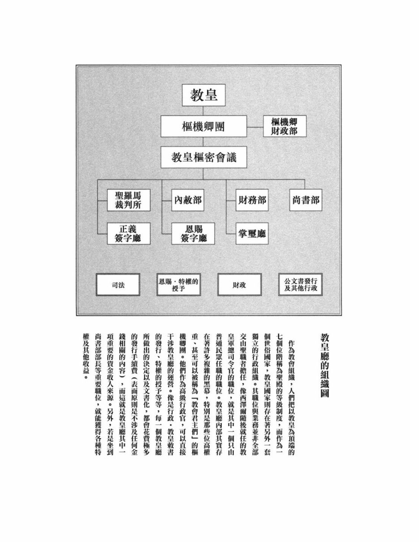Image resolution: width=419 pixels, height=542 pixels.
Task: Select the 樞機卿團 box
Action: click(x=204, y=126)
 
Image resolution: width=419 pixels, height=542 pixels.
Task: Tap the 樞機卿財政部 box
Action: click(x=285, y=126)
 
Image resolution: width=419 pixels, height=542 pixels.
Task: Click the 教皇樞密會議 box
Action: click(x=204, y=157)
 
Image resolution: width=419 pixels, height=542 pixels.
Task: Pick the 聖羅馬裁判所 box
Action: click(x=129, y=200)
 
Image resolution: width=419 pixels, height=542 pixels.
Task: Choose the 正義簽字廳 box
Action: click(x=129, y=233)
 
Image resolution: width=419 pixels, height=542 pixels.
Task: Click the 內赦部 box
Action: click(x=187, y=200)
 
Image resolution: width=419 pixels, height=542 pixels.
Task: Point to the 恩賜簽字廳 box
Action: click(x=193, y=233)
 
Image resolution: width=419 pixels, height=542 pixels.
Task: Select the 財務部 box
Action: click(x=252, y=200)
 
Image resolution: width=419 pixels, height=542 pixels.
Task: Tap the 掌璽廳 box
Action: click(x=252, y=233)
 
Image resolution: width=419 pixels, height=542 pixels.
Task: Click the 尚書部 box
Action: click(x=306, y=200)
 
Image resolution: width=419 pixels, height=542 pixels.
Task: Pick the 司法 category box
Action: click(x=118, y=285)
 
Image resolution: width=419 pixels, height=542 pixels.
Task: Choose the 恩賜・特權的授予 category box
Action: click(x=178, y=285)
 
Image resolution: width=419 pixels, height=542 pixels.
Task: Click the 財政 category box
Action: click(x=239, y=285)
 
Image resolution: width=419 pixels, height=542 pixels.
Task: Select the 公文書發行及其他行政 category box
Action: click(x=300, y=285)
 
